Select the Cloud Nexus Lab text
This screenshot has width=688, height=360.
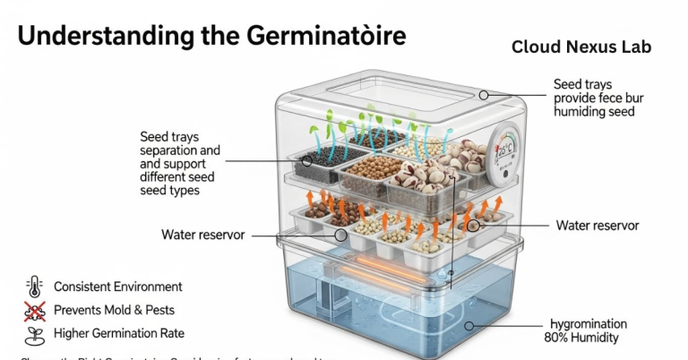tap(581, 47)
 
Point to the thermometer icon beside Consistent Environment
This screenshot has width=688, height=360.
tap(35, 287)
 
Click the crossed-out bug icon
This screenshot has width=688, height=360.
tap(35, 311)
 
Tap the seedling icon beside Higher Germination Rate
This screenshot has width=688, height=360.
tap(35, 334)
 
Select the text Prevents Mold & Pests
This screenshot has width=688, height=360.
tap(114, 311)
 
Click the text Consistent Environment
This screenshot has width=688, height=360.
tap(118, 287)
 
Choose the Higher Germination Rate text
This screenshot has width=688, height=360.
tap(119, 334)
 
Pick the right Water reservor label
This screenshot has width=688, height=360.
tap(598, 226)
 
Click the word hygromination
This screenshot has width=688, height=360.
tap(587, 323)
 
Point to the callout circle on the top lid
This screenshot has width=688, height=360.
tap(484, 95)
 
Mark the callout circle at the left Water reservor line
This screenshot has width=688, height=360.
tap(341, 235)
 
